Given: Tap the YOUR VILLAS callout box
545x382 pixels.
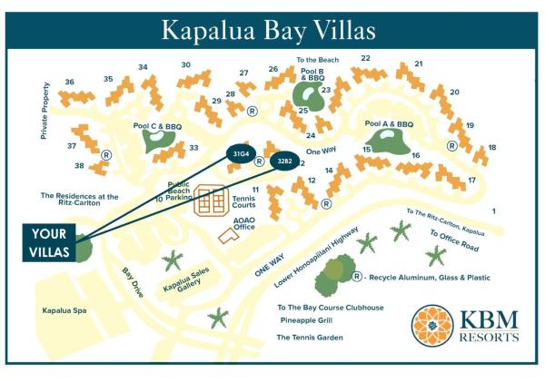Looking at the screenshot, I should tap(45, 242).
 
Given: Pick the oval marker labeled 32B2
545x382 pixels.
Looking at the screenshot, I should tap(283, 162).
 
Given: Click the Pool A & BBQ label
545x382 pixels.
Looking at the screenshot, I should tap(388, 124).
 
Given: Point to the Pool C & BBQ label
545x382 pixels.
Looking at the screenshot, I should tap(160, 121).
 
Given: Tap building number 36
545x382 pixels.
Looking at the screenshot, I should tap(69, 83).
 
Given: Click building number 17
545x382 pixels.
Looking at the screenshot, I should tap(471, 180).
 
